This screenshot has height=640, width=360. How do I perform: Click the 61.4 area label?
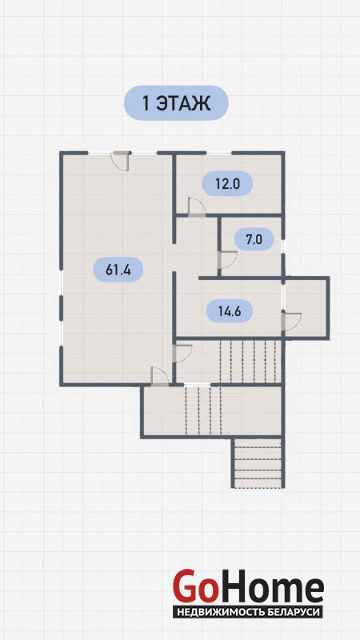118,270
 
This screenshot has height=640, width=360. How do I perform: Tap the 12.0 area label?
227,184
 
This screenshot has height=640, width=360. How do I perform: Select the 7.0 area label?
254,238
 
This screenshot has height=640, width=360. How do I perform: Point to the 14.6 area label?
229,311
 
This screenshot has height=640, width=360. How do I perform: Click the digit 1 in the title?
146,103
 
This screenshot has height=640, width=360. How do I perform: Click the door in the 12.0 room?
197,206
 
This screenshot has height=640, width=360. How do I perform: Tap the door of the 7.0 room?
227,259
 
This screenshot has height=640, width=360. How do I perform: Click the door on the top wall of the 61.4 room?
122,161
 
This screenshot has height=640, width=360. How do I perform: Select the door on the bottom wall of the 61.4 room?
159,376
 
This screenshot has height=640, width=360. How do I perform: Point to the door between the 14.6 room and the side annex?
291,321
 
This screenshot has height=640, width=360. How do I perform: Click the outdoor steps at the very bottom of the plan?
258,463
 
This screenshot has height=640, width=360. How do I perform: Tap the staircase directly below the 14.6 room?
250,362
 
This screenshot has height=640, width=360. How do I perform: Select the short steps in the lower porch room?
203,410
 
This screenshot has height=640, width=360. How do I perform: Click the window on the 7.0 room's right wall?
283,247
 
